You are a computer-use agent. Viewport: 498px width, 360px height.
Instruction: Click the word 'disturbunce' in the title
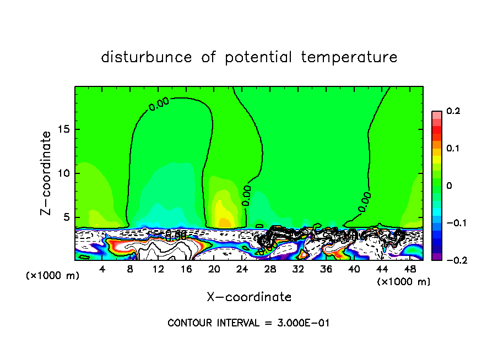pos(146,57)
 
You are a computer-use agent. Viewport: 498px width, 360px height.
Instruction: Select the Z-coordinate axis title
pos(46,173)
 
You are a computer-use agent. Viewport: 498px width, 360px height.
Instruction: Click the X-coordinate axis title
pos(249,297)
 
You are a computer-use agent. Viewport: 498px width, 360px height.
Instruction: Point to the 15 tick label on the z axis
pos(64,129)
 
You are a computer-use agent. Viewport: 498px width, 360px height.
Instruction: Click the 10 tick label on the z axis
pos(64,173)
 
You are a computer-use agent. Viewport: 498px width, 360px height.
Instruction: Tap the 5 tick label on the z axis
pos(67,217)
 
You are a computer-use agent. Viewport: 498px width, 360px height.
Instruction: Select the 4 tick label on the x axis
pos(102,269)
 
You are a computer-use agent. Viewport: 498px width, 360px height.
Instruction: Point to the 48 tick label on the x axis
pos(409,269)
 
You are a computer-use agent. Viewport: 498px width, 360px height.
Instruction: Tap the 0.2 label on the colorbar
pos(453,111)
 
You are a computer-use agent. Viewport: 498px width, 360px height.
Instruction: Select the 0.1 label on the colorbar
pos(453,149)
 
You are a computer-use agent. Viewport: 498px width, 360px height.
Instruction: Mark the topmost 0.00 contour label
pos(159,103)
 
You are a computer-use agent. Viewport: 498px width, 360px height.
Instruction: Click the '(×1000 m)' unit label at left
pos(53,275)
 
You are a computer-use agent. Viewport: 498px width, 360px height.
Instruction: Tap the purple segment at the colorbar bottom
pos(436,256)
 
